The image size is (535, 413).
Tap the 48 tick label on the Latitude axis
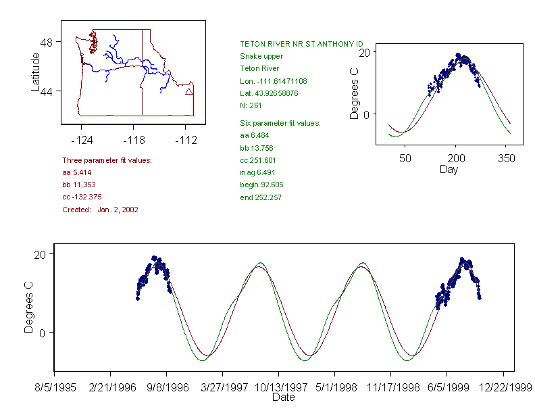(x=47, y=42)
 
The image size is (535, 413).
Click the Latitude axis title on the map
(x=36, y=72)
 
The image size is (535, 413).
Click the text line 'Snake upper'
(x=261, y=56)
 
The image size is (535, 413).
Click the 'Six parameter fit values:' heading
(x=280, y=123)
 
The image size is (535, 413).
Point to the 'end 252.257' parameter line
(x=261, y=197)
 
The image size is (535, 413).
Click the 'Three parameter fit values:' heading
(x=107, y=160)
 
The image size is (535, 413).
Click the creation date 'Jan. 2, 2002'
(x=118, y=210)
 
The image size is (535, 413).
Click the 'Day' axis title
(x=449, y=169)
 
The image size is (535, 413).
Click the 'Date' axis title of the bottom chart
(x=283, y=397)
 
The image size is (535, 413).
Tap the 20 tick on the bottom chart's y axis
(x=43, y=254)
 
